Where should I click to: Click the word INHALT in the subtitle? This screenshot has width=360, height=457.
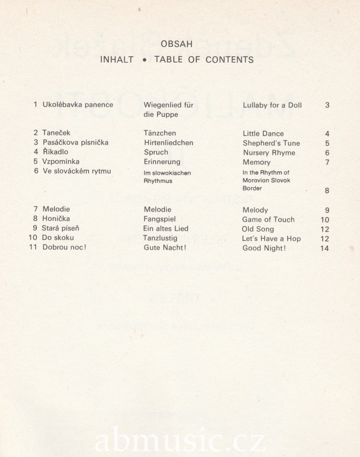point(117,59)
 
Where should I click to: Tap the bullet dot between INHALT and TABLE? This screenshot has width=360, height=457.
point(144,59)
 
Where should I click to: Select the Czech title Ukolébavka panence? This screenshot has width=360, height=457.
point(77,105)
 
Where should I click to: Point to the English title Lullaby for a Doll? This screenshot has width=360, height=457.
point(272,105)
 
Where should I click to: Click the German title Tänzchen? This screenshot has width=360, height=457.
point(160,133)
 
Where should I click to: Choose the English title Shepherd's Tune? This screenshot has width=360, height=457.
point(271,143)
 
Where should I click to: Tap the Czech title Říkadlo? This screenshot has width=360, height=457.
point(55,152)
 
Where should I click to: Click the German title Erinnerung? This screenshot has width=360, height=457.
point(162,162)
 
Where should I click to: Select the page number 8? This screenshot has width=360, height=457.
point(327,190)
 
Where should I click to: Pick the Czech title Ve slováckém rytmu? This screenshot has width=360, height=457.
point(76,171)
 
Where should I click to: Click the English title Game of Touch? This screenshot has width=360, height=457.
point(268,220)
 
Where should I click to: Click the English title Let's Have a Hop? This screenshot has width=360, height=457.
point(271,239)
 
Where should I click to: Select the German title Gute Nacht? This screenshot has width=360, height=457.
point(165,248)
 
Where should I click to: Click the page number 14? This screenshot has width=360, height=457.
point(324,248)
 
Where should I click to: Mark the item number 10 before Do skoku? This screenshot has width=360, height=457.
point(33,237)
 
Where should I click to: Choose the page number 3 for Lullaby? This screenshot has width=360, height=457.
point(327,105)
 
